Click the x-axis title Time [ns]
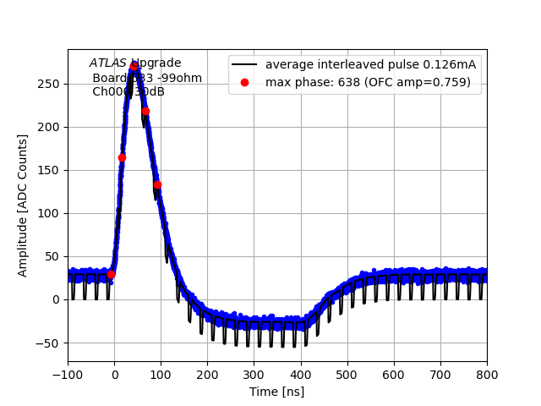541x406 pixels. coord(276,392)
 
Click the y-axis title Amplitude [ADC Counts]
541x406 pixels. coord(23,206)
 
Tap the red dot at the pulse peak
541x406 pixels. coord(134,66)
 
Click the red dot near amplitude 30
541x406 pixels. coord(111,274)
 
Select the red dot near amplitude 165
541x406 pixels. coord(122,157)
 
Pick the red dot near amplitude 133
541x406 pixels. coord(157,184)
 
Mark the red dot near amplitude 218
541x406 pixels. coord(145,111)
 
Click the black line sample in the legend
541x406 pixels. coord(245,65)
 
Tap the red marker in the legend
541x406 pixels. coord(245,82)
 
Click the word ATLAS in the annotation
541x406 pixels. coord(107,63)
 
